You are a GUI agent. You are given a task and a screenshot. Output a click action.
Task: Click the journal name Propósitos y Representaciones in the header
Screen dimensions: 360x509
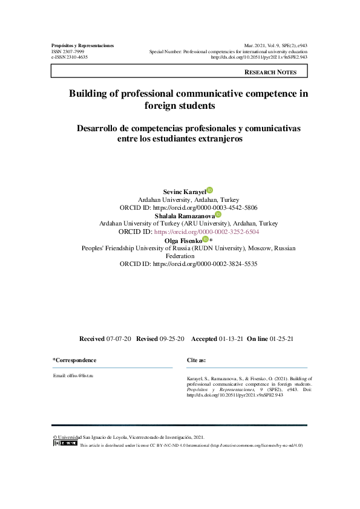coord(83,46)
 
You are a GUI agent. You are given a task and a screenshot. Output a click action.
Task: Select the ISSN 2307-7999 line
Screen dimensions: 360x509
coord(68,52)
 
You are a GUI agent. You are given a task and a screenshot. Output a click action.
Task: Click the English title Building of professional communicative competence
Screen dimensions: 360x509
coord(188,94)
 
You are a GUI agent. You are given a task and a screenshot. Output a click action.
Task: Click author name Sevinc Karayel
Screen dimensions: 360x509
coord(185,192)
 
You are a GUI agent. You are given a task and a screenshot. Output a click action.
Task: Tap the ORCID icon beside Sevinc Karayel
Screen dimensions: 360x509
coord(209,190)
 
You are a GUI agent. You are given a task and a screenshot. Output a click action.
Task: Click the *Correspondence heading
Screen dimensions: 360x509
coord(74,360)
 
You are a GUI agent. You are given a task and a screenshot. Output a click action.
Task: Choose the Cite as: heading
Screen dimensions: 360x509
coord(197,360)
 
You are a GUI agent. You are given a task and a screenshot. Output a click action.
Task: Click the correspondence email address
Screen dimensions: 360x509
coord(73,375)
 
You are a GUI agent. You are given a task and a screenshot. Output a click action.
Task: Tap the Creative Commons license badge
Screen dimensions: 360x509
coord(65,443)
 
